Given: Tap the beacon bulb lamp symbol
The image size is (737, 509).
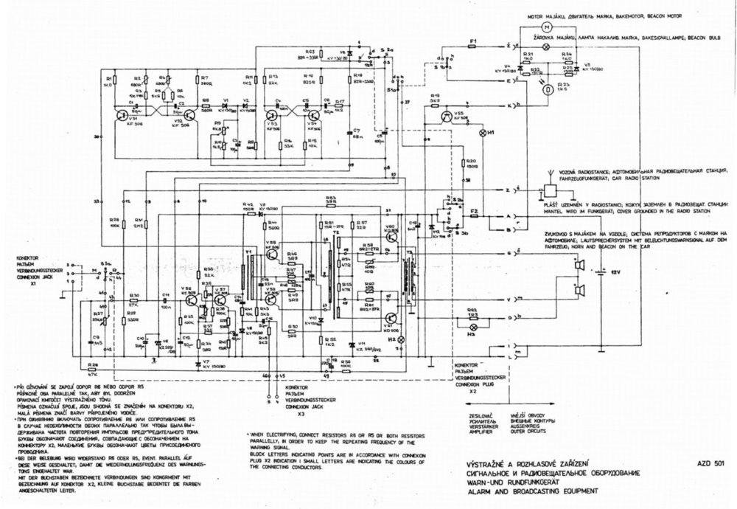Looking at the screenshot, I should coord(547,46).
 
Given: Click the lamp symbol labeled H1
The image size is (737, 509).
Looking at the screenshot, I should coord(483,133).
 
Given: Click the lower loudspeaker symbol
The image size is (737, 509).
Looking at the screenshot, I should coord(581,291).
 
